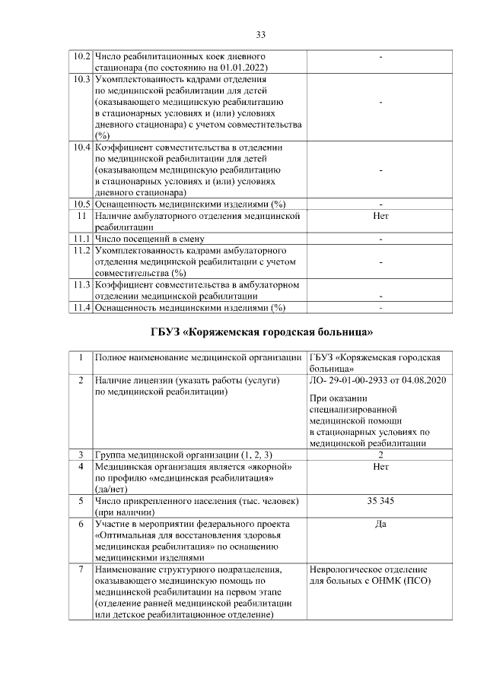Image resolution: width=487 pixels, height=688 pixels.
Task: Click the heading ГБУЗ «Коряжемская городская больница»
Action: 260,332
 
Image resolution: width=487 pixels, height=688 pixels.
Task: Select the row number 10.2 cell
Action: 81,57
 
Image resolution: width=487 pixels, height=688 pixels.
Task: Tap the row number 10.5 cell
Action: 81,204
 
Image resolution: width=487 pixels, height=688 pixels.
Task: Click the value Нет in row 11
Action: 380,216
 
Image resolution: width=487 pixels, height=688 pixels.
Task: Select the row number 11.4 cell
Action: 81,307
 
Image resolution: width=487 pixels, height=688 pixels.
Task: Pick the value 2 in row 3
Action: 380,455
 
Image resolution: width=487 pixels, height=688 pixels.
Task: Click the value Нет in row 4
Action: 380,466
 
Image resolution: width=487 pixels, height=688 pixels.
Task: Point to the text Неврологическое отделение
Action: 368,569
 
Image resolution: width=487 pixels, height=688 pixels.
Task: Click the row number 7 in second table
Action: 81,569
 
